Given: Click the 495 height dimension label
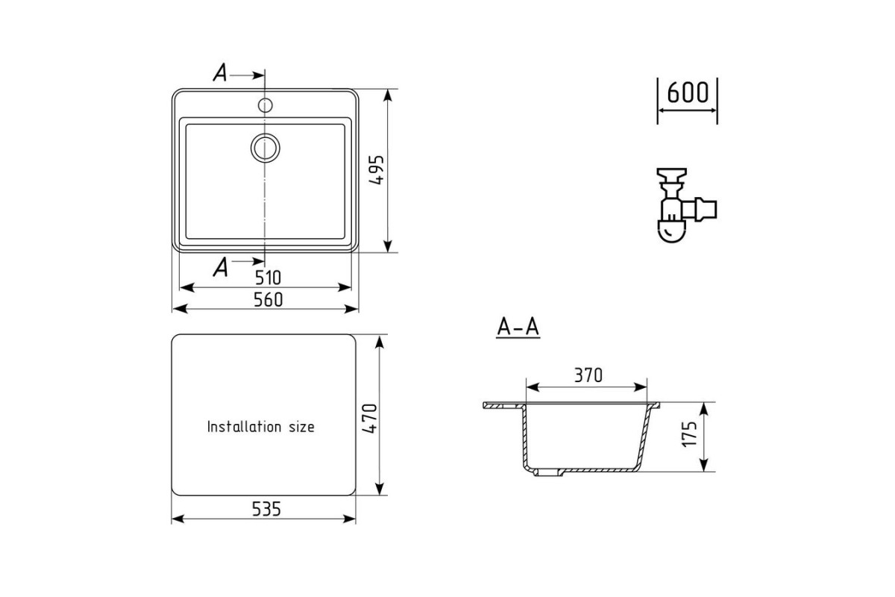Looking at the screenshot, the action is pyautogui.click(x=377, y=169).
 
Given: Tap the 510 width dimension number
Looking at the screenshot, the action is pyautogui.click(x=268, y=278).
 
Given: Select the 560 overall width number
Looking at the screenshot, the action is pyautogui.click(x=268, y=299).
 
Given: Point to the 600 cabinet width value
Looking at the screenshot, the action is pyautogui.click(x=688, y=93).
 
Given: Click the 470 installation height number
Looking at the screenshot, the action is pyautogui.click(x=370, y=418).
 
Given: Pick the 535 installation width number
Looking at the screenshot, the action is pyautogui.click(x=266, y=509).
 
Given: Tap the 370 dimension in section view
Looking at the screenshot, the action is pyautogui.click(x=588, y=375).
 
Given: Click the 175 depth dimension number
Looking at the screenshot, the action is pyautogui.click(x=689, y=434).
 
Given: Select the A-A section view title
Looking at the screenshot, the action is pyautogui.click(x=518, y=327).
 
